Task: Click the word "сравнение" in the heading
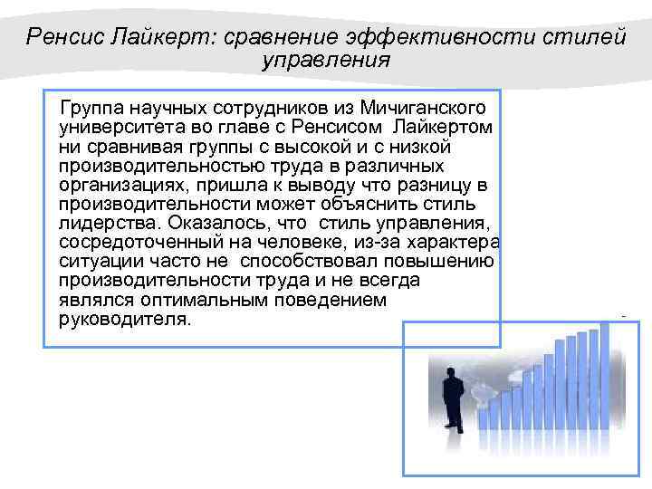273,37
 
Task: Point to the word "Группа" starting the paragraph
94,109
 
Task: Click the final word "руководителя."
125,320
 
